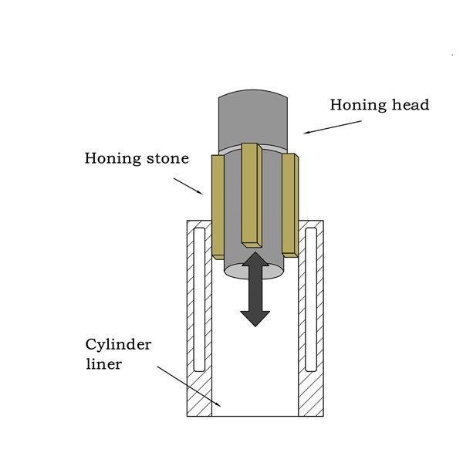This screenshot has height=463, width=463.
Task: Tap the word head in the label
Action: pyautogui.click(x=408, y=105)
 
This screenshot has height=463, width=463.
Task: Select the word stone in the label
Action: pyautogui.click(x=164, y=160)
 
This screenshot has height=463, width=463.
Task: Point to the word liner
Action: pyautogui.click(x=103, y=363)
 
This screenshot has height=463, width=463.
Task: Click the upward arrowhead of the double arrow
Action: pyautogui.click(x=255, y=262)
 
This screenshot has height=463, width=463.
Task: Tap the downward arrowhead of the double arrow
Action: pyautogui.click(x=255, y=316)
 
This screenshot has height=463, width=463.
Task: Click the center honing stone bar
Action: pyautogui.click(x=251, y=193)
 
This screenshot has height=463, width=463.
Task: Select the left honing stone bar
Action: pyautogui.click(x=218, y=204)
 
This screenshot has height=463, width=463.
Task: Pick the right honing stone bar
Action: pyautogui.click(x=290, y=204)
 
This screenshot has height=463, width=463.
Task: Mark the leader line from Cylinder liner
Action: pyautogui.click(x=189, y=386)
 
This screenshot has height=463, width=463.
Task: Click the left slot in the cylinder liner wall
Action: pyautogui.click(x=199, y=297)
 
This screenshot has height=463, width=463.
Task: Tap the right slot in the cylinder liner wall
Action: pyautogui.click(x=311, y=297)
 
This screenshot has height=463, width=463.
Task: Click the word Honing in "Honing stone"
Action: pyautogui.click(x=111, y=160)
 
